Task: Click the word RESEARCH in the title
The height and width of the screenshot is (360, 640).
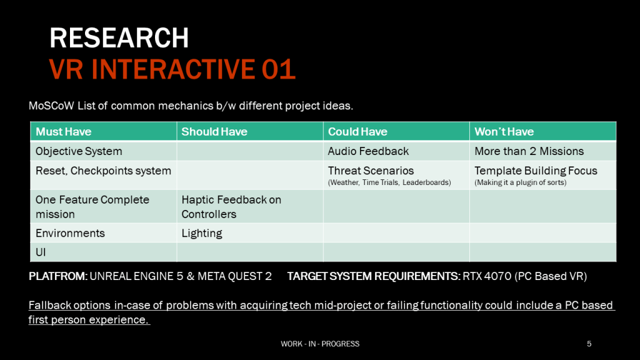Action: tap(119, 38)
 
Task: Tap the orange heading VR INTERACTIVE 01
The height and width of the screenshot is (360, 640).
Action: tap(172, 69)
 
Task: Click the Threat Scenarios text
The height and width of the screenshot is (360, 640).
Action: tap(371, 171)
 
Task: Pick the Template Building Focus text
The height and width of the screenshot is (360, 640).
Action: tap(536, 171)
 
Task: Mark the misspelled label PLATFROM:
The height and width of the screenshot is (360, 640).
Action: tap(58, 276)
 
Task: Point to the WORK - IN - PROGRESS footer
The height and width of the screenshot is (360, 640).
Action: tap(320, 344)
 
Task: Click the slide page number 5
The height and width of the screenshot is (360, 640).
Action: tap(589, 344)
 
